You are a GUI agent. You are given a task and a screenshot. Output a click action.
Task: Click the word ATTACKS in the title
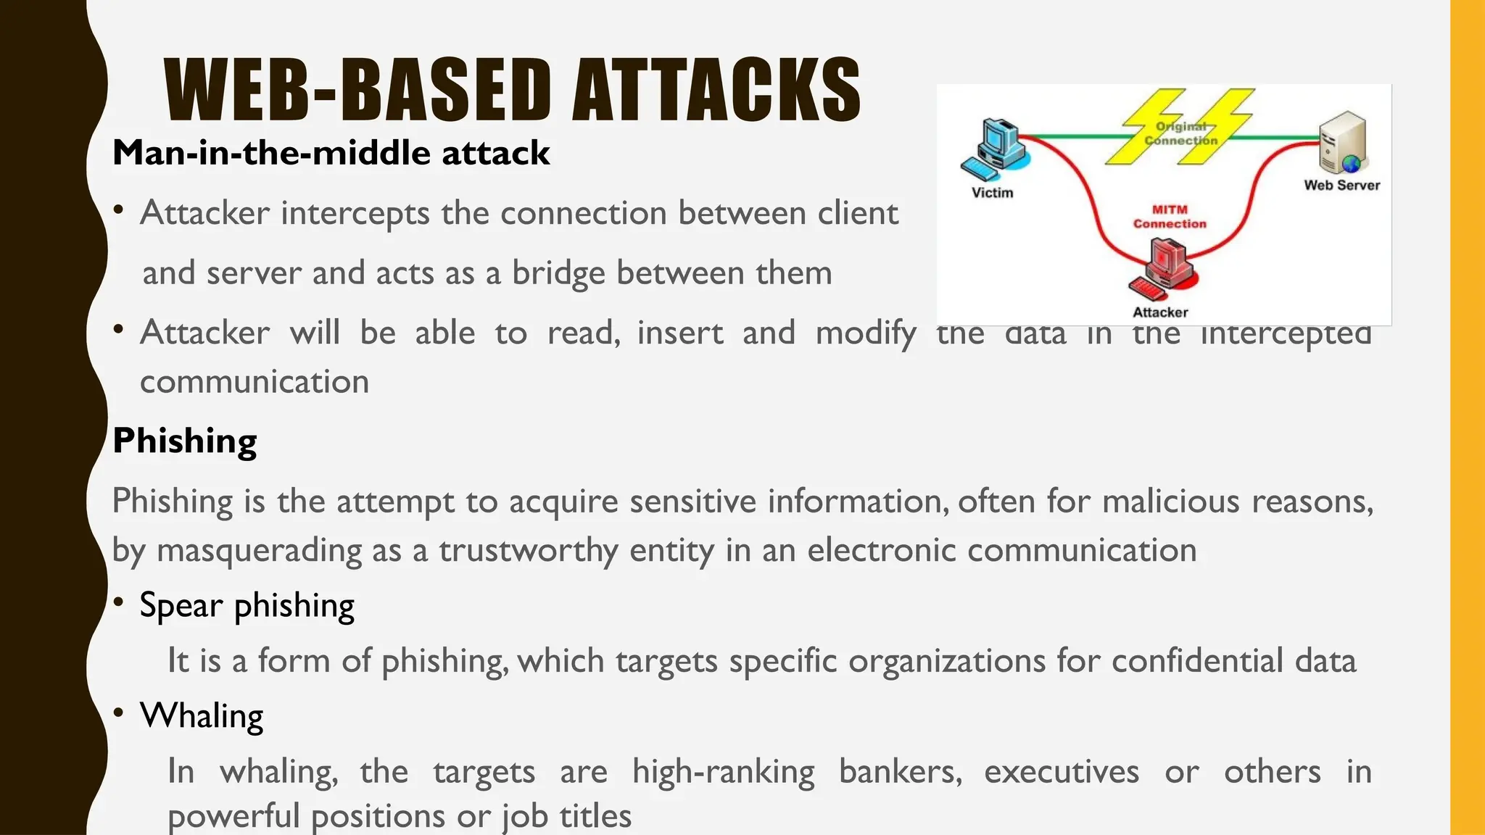coord(716,91)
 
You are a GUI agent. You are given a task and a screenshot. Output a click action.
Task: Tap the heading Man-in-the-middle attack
coord(331,153)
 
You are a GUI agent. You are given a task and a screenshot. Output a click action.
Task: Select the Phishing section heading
coord(184,440)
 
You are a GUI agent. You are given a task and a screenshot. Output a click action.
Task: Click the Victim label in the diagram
coord(992,193)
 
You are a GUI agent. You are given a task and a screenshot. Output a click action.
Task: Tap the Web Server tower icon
coord(1342,142)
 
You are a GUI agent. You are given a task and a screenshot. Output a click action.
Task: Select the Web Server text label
coord(1341,186)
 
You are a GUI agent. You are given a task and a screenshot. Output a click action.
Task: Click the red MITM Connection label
coord(1170,217)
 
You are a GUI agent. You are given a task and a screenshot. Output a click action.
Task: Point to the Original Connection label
coord(1180,134)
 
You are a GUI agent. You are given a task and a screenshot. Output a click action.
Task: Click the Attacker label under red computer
coord(1160,312)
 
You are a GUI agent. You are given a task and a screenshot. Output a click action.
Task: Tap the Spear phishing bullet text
coord(247,605)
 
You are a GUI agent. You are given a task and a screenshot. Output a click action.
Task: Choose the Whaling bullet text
coord(201,715)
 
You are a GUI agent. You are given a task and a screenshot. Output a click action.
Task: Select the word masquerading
coord(259,550)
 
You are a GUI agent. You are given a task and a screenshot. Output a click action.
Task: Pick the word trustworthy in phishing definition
coord(528,550)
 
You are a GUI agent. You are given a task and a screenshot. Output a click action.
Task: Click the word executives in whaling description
coord(1061,771)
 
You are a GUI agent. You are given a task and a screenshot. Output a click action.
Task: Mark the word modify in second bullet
coord(866,333)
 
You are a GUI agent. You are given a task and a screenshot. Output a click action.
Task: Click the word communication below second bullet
coord(255,382)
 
